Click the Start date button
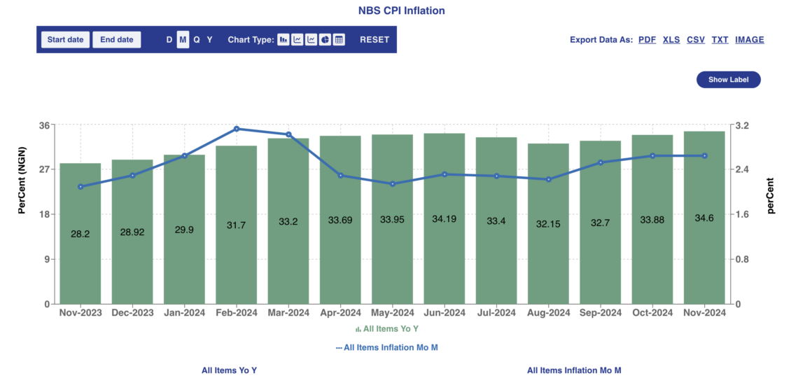[65, 40]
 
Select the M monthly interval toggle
[183, 40]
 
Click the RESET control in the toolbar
[374, 40]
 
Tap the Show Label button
[728, 80]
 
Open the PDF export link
[647, 40]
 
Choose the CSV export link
[695, 40]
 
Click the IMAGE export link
[749, 40]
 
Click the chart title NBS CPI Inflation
[402, 10]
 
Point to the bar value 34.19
[444, 220]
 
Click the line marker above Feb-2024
[237, 129]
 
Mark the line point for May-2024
[393, 184]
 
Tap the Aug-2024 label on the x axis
[549, 313]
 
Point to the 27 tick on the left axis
[44, 169]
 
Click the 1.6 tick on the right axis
[741, 214]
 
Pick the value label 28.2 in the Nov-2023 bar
[80, 234]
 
